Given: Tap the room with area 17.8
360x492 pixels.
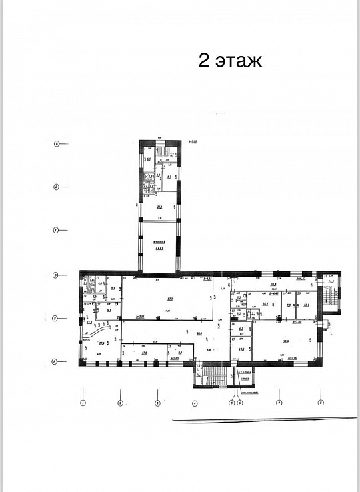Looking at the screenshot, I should click(x=144, y=353).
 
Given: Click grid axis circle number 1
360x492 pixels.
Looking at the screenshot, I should click(x=83, y=403).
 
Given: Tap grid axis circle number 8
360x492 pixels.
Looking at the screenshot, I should click(x=321, y=403).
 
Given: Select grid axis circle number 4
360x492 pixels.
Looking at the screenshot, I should click(x=195, y=403).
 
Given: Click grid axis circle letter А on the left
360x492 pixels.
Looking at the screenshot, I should click(x=57, y=362).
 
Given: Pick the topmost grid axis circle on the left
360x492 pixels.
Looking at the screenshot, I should click(x=57, y=143).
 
